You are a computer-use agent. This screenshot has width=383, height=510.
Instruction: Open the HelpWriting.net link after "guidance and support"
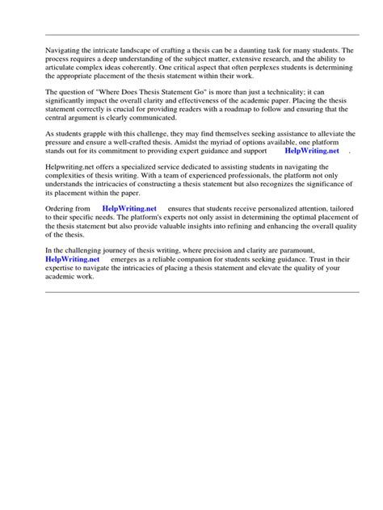pos(313,151)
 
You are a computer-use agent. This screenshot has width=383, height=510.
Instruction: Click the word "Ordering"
pos(59,209)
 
